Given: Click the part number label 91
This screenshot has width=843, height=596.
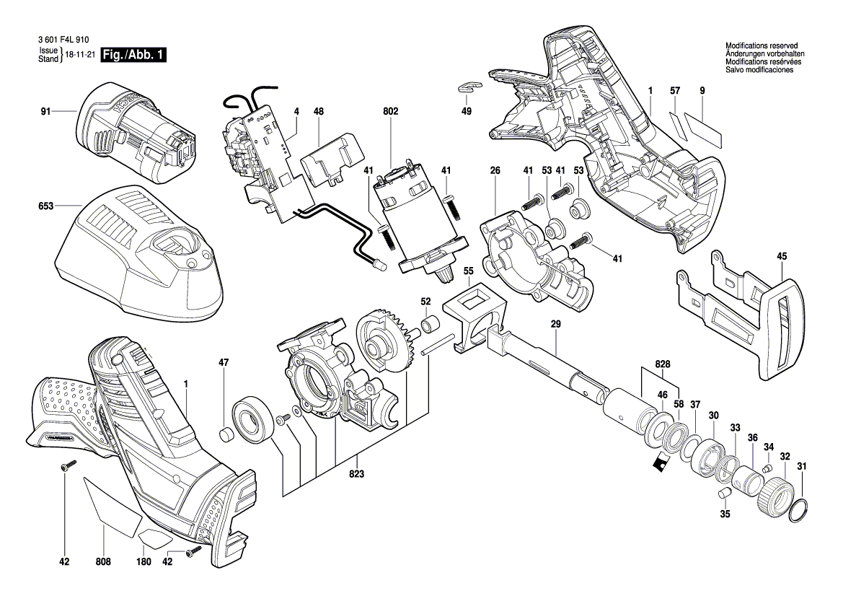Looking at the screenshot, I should [x=45, y=112].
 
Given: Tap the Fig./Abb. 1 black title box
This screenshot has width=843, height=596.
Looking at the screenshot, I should [x=135, y=56].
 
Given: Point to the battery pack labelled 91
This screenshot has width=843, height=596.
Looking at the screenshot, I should [x=137, y=133].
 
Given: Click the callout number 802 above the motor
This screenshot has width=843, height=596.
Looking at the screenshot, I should [x=390, y=112].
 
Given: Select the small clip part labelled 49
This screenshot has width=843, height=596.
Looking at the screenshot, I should [x=468, y=88].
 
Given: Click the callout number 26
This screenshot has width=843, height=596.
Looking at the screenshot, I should [x=495, y=170].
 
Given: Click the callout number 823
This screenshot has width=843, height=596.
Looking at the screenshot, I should [x=356, y=474].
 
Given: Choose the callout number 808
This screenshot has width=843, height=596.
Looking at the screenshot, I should [x=102, y=560].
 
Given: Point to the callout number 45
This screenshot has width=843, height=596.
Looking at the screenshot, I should [x=782, y=256].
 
